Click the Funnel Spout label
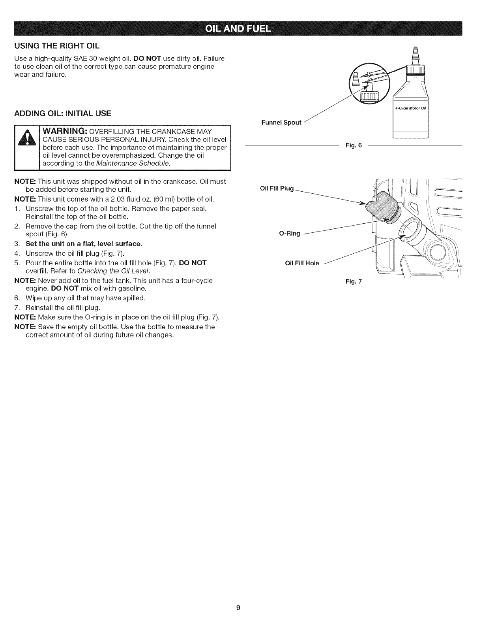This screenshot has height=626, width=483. pos(281,123)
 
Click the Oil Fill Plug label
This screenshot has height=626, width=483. pos(277,188)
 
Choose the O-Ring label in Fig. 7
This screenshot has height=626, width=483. pos(290,234)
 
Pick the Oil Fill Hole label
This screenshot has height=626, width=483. pos(302,263)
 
